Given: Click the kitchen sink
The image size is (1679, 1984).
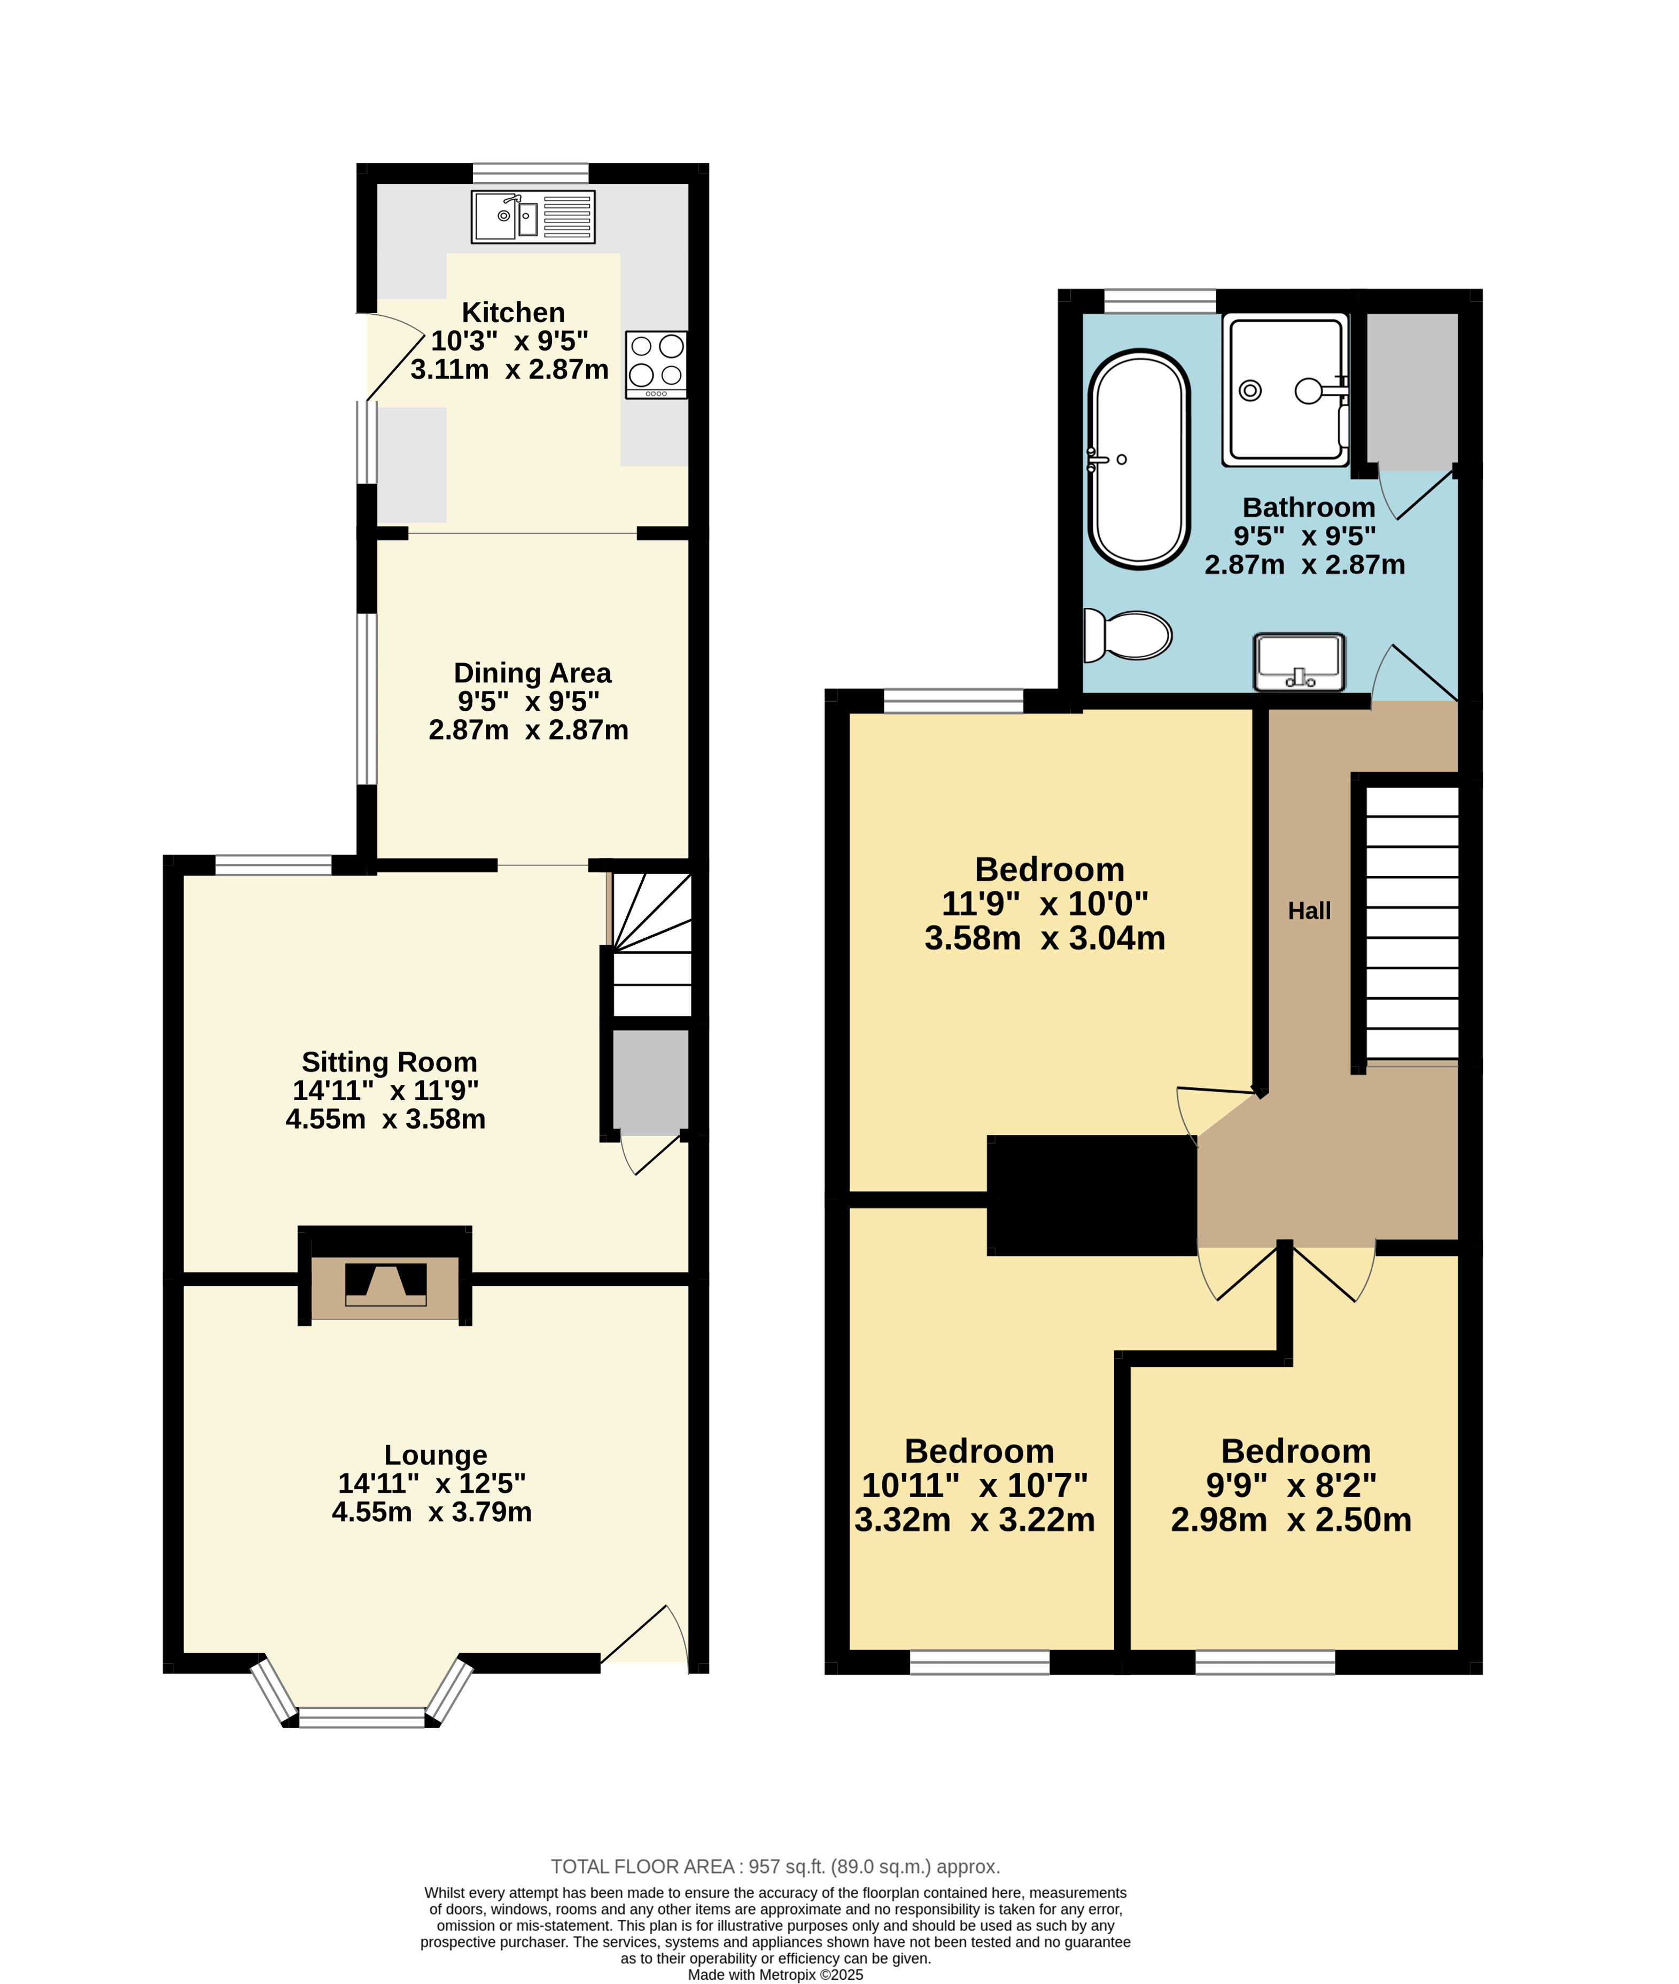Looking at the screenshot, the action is (533, 217).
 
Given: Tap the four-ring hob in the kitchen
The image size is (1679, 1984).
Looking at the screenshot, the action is (656, 364).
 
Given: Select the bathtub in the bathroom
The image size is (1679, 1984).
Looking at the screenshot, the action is (1139, 460).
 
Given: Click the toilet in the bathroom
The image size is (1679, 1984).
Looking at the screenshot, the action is (1128, 635).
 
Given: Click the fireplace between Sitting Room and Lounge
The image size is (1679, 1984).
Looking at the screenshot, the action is (385, 1283).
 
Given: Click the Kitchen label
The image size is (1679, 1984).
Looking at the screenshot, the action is (513, 312).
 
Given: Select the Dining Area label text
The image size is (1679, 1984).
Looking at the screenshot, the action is (532, 673).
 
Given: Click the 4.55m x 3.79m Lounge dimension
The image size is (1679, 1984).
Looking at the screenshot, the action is (431, 1511).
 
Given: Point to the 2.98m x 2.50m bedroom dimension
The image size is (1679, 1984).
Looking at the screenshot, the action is (1291, 1520).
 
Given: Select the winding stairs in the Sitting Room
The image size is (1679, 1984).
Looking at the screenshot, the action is (651, 945).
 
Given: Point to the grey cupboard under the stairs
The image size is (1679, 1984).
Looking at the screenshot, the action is (650, 1082).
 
